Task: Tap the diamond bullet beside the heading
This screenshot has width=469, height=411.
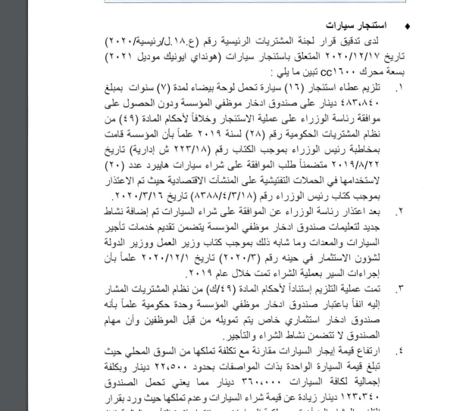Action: click(x=408, y=27)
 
